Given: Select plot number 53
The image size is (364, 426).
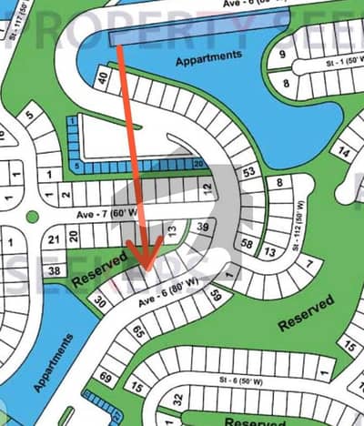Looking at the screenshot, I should coord(249,171).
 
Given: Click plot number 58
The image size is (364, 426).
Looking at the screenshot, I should coord(248,243).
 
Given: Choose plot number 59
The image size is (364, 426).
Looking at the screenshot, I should coord(217,295).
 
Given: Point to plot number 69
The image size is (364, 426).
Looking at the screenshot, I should coord(106,376).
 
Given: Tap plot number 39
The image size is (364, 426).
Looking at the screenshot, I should coord(203,228).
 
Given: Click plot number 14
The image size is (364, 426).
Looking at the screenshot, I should coord(344,152).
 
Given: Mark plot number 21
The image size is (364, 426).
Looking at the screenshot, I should coord(54,238).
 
